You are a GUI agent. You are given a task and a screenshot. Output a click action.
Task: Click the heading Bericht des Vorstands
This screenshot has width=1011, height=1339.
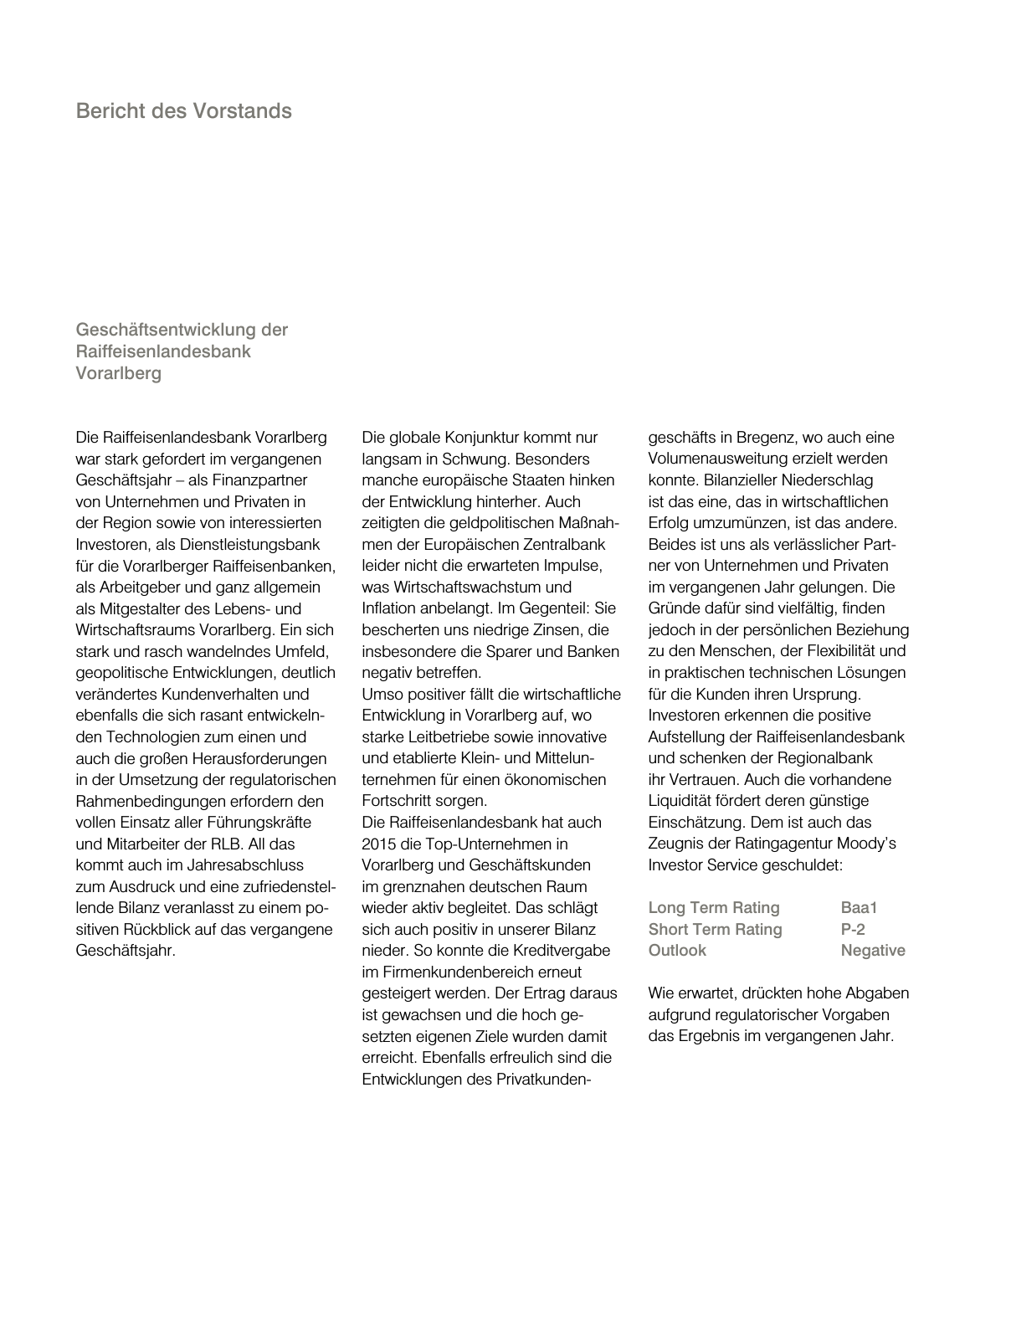[x=183, y=111]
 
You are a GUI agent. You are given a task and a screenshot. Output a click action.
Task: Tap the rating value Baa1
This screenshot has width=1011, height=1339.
[x=859, y=908]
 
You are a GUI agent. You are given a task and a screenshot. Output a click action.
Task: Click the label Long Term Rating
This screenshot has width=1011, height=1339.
[x=713, y=908]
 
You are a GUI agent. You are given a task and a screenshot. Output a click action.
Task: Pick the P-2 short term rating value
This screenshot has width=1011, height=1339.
[x=853, y=930]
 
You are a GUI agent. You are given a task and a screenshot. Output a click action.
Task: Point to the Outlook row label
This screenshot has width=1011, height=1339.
[x=676, y=951]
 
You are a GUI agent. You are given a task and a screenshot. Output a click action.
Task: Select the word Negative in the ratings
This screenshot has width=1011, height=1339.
[x=872, y=951]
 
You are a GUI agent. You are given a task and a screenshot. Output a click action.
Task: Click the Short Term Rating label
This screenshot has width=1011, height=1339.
[x=715, y=930]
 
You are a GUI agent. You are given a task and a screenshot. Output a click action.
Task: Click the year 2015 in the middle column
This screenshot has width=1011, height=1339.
[x=379, y=844]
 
